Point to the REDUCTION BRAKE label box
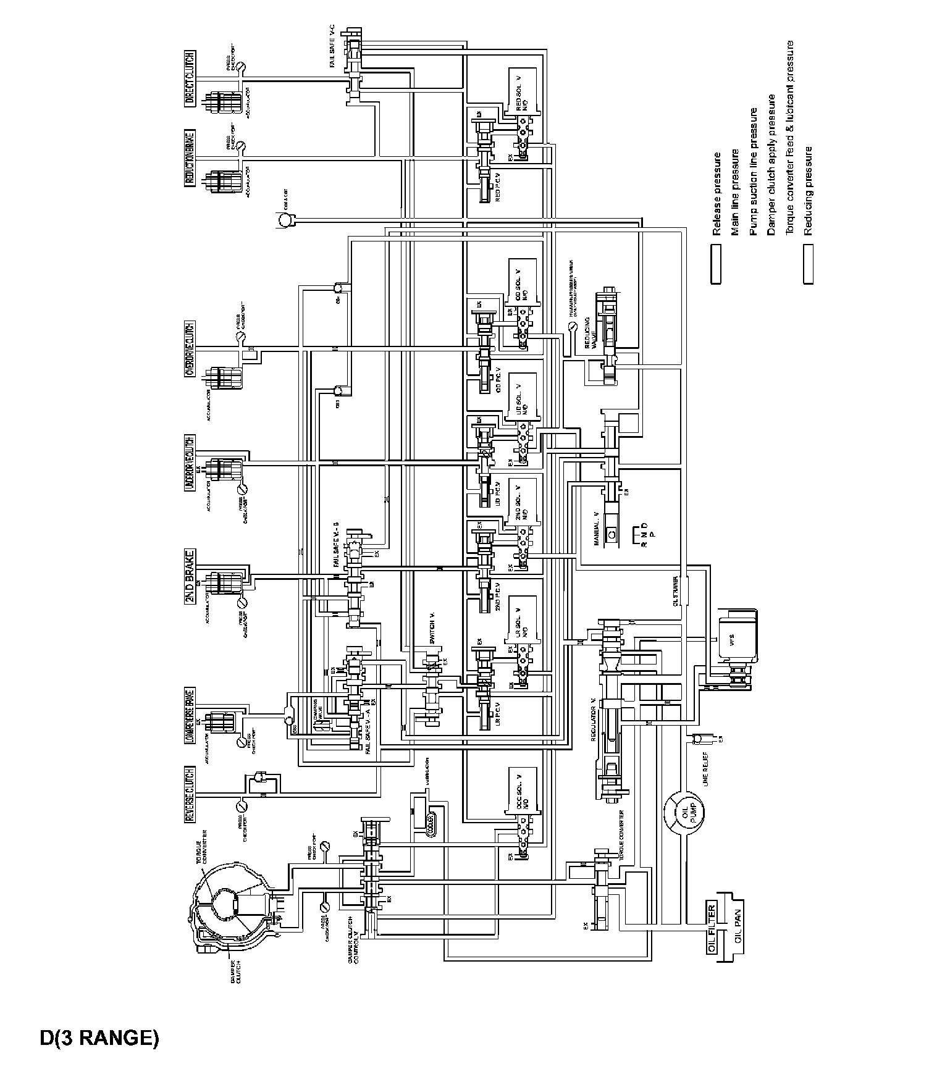pyautogui.click(x=190, y=158)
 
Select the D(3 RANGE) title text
pyautogui.click(x=99, y=1038)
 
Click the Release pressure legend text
pyautogui.click(x=717, y=194)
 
